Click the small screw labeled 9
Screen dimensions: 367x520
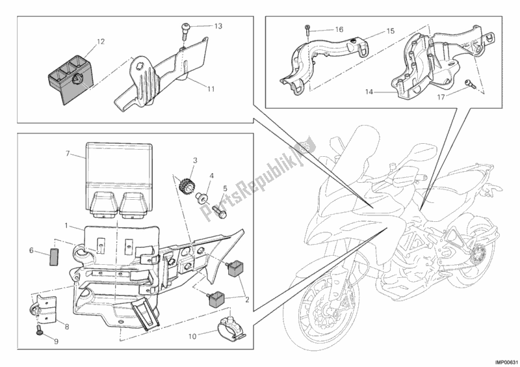click(x=38, y=332)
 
